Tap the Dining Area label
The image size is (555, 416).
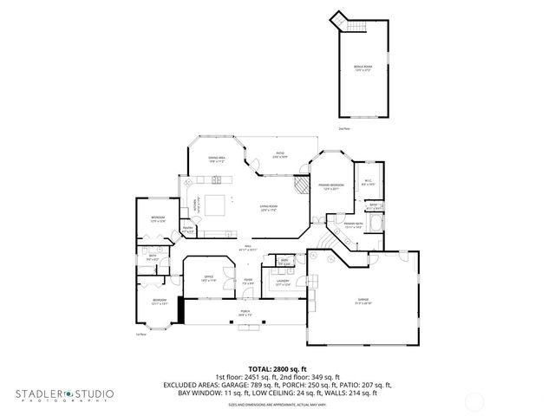[x=216, y=159]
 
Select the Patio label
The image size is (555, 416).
[x=281, y=156]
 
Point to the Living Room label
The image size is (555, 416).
[x=268, y=208]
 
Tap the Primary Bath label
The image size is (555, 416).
[x=351, y=225]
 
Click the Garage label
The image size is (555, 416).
[x=362, y=301]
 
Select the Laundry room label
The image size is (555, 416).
[x=283, y=281]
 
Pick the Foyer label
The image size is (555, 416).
[x=248, y=281]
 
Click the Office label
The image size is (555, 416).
[x=208, y=278]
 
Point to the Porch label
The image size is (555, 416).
[x=245, y=313]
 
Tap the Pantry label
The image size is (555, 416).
[x=187, y=230]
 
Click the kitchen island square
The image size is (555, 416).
[x=215, y=205]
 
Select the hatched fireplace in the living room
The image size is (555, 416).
[x=300, y=185]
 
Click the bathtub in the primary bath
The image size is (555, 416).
[x=375, y=227]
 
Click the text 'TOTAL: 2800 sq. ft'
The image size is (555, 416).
[x=277, y=369]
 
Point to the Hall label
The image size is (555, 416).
[x=247, y=247]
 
